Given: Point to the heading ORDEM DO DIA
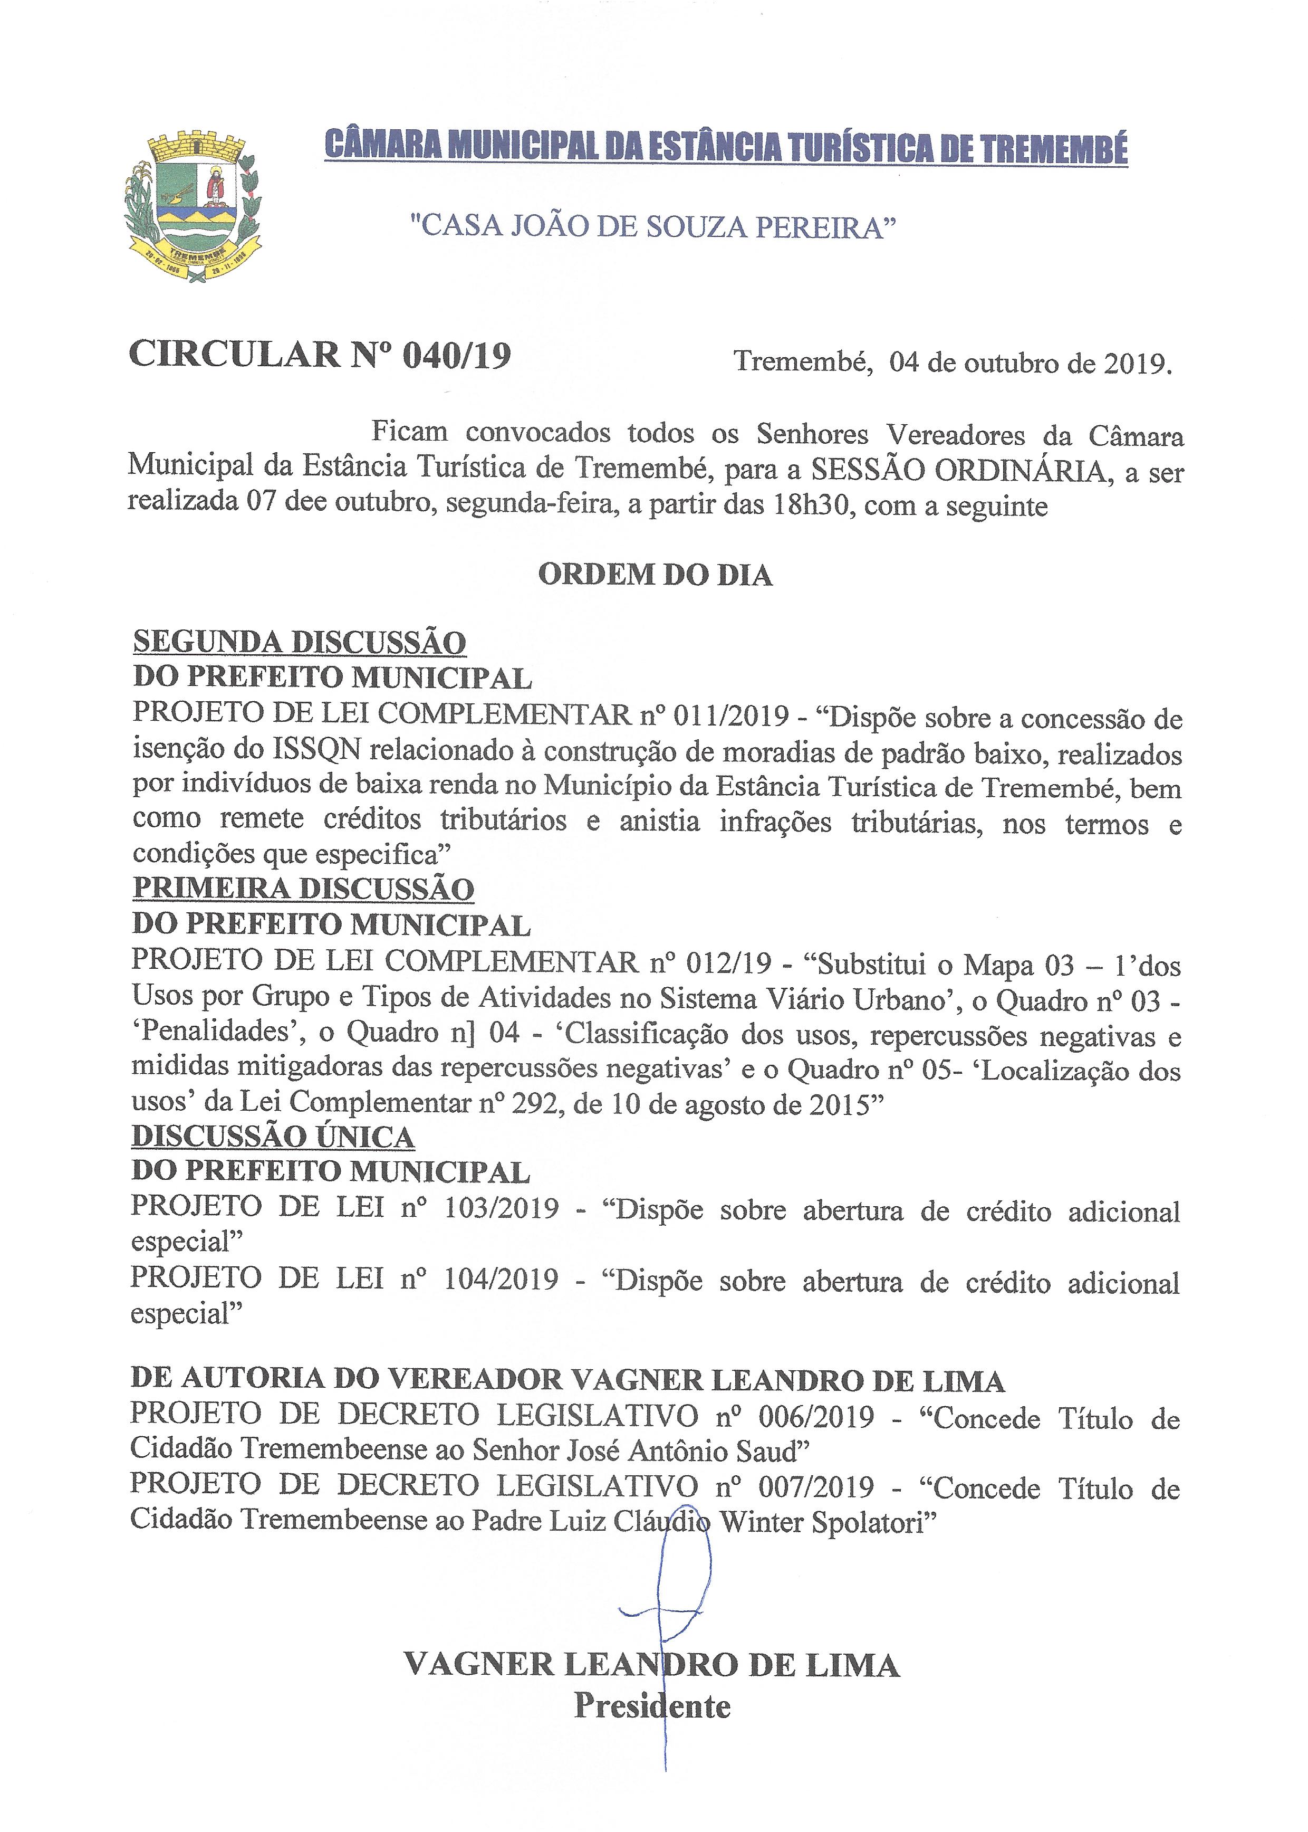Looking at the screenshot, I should pyautogui.click(x=655, y=575).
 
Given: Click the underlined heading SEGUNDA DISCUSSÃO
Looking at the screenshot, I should pyautogui.click(x=299, y=642).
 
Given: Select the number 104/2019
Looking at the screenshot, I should pyautogui.click(x=501, y=1278).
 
